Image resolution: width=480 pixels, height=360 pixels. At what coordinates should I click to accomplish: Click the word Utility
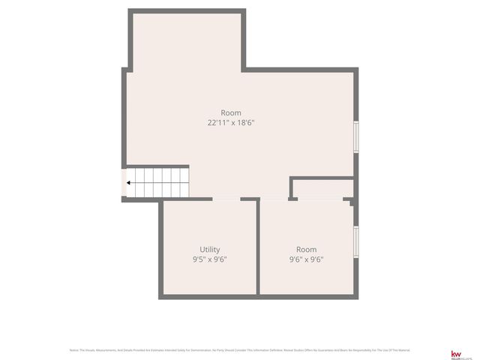(x=210, y=250)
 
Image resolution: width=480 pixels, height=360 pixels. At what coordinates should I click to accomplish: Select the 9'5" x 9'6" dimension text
(x=210, y=259)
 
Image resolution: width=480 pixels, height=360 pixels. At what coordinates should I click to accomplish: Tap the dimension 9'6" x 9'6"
(x=306, y=259)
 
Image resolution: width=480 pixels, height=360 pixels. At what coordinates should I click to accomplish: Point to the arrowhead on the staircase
(x=130, y=182)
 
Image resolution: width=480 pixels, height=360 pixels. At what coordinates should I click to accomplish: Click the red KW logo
(x=455, y=352)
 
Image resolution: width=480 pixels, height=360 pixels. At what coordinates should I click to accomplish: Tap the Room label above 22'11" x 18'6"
(x=231, y=112)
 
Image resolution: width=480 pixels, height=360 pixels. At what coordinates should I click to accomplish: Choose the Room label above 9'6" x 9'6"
(x=306, y=250)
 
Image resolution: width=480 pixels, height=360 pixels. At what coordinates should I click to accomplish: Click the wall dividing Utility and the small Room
(x=258, y=247)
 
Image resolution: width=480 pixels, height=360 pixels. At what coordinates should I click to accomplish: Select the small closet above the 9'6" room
(x=322, y=189)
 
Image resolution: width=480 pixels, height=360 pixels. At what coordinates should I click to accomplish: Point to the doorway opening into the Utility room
(x=226, y=199)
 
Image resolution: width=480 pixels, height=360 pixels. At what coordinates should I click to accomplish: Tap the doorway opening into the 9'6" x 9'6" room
(x=274, y=199)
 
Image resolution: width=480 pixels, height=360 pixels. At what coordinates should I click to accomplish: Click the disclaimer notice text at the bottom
(x=240, y=350)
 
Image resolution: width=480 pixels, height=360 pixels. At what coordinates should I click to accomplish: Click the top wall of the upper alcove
(x=187, y=11)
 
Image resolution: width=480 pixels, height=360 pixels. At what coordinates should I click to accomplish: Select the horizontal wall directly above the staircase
(x=156, y=166)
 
